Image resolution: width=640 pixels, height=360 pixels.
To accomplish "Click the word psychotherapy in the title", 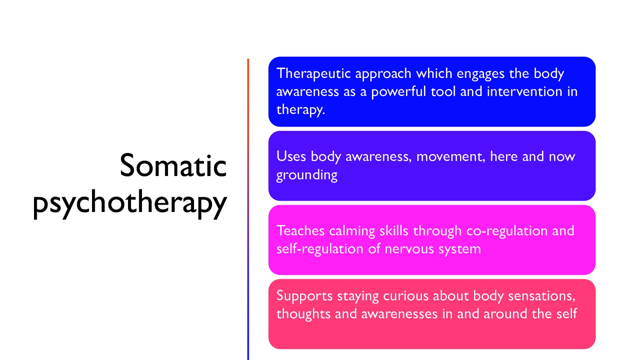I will pyautogui.click(x=130, y=202).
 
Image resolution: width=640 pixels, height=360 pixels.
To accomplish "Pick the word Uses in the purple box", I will pyautogui.click(x=291, y=156).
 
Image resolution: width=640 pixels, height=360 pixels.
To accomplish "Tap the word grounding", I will pyautogui.click(x=307, y=175).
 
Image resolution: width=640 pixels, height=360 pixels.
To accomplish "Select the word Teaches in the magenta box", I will pyautogui.click(x=300, y=231).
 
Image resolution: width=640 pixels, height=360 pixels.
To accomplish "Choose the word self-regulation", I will pyautogui.click(x=320, y=249).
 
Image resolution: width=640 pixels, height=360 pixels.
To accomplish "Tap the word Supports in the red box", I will pyautogui.click(x=304, y=296).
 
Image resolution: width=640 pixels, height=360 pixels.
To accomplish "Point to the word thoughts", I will pyautogui.click(x=303, y=314).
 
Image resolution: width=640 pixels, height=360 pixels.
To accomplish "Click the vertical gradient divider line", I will pyautogui.click(x=248, y=208).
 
